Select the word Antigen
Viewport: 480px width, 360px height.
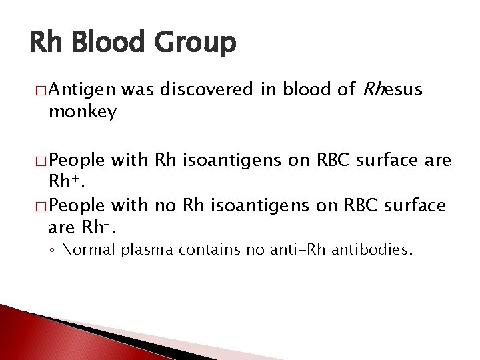click(x=82, y=89)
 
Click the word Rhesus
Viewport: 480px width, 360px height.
click(x=392, y=89)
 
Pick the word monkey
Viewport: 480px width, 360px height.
click(x=83, y=111)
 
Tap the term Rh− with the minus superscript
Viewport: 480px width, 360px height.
click(x=99, y=227)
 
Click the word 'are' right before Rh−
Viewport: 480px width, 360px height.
click(x=61, y=227)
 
